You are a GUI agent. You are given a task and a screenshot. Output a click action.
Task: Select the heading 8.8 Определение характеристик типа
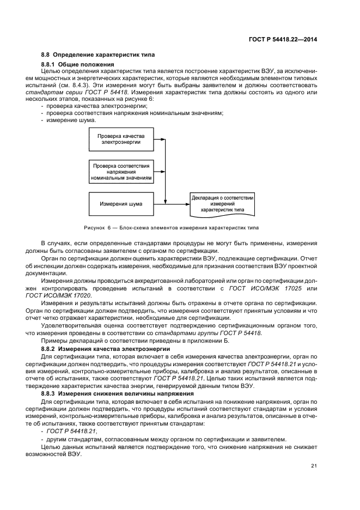click(x=98, y=54)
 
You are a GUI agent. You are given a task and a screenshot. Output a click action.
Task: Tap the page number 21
click(x=314, y=465)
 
